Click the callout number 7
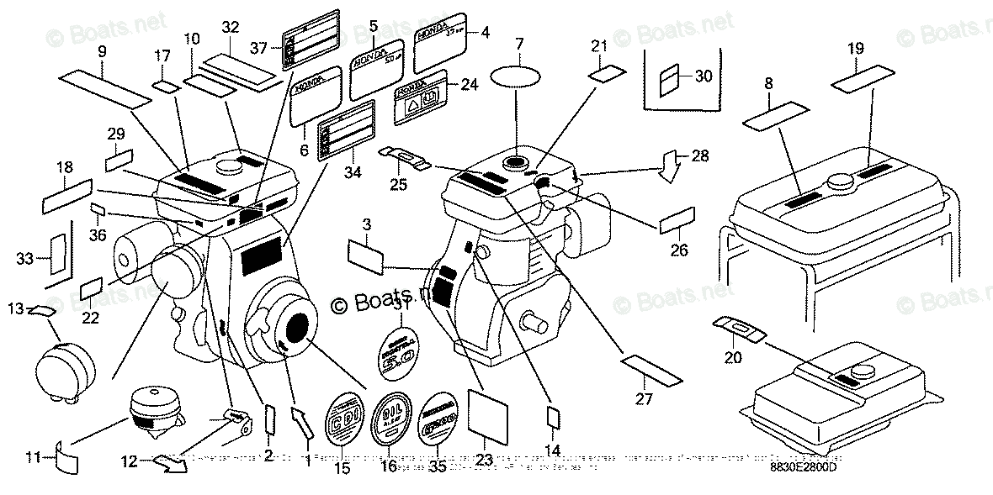518,42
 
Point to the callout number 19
856,49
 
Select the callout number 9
102,51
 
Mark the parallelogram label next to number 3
365,253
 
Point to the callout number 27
644,399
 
